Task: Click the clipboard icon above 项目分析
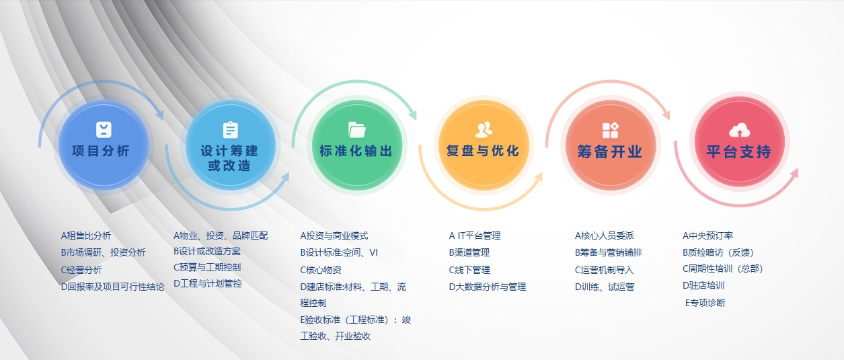(x=104, y=130)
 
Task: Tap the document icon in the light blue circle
(x=230, y=130)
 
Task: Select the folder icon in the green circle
(x=356, y=129)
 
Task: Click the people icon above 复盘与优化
(x=484, y=130)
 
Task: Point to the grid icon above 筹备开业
(x=610, y=131)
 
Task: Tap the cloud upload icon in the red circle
(x=739, y=131)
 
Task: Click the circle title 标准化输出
(x=356, y=151)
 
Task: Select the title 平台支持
(x=738, y=152)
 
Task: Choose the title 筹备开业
(x=610, y=152)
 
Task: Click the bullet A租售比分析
(x=86, y=236)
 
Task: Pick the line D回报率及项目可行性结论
(x=112, y=287)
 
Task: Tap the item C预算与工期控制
(x=207, y=267)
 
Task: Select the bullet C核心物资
(x=321, y=270)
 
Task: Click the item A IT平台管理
(x=475, y=236)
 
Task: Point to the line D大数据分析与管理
(x=488, y=287)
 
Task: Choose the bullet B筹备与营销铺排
(x=609, y=252)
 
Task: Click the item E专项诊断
(x=705, y=303)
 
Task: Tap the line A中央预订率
(x=707, y=236)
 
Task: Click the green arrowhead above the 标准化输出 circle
(x=411, y=114)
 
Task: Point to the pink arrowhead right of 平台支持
(x=794, y=173)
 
